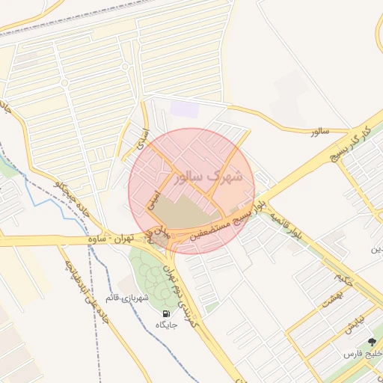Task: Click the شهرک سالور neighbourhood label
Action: click(208, 178)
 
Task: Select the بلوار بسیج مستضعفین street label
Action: click(227, 216)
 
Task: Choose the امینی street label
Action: click(152, 198)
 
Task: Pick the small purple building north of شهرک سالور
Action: click(184, 108)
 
